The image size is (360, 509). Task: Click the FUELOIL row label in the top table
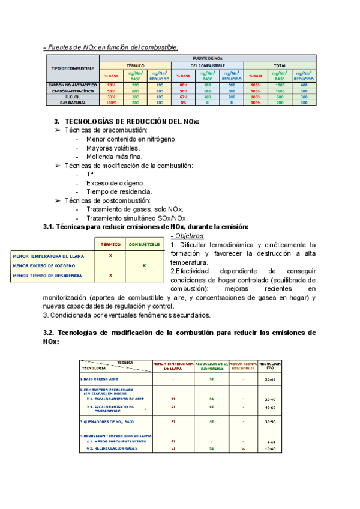(73, 97)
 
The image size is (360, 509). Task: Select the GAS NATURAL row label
(73, 102)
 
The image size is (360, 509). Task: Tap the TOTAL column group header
(279, 65)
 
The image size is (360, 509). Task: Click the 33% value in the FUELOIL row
(111, 97)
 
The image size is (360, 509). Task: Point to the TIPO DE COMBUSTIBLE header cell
(73, 68)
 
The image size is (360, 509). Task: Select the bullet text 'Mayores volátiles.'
(113, 148)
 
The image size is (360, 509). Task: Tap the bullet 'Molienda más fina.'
(114, 157)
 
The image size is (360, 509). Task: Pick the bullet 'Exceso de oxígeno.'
(115, 182)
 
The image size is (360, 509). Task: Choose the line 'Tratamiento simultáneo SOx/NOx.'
(137, 218)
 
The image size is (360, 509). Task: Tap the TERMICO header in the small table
(110, 244)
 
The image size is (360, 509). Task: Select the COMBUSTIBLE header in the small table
(144, 244)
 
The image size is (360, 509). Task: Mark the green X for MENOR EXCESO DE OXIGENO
(144, 265)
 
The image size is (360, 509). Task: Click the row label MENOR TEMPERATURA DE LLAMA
(49, 256)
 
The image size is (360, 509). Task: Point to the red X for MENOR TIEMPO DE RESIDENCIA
(110, 275)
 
